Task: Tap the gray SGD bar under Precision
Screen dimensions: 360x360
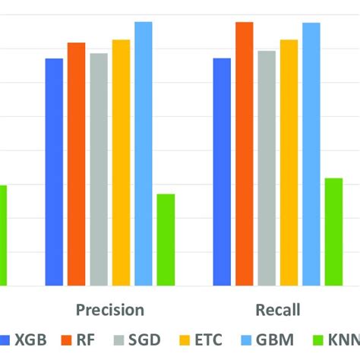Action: (x=99, y=170)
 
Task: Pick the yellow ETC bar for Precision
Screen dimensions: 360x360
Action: (x=122, y=163)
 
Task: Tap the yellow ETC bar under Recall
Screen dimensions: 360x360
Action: (x=289, y=163)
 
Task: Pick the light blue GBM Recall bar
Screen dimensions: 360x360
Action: (x=311, y=155)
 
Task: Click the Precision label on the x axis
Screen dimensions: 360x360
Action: (x=109, y=310)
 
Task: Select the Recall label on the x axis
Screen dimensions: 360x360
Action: (x=277, y=310)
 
